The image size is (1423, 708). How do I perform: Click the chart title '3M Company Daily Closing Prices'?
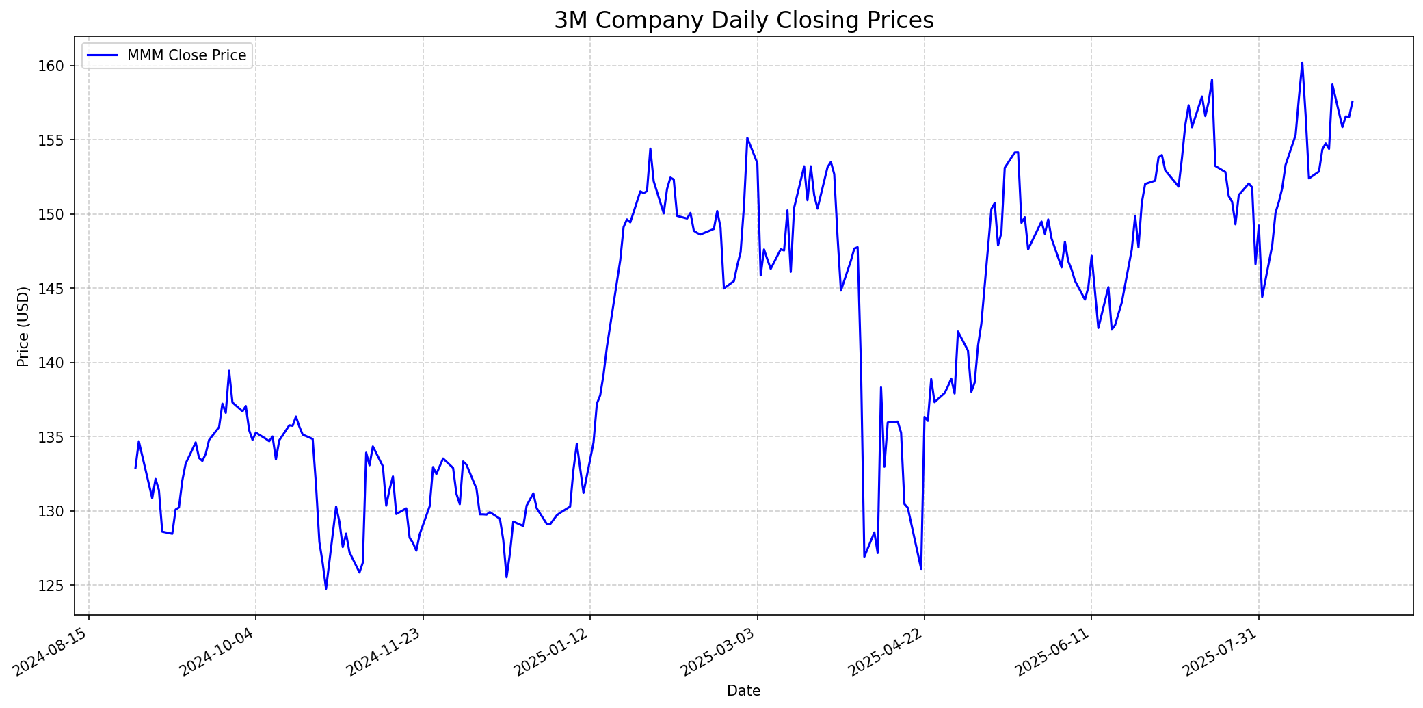point(743,21)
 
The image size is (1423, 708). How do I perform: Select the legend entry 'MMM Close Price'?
point(186,55)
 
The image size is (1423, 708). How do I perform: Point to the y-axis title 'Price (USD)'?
point(23,326)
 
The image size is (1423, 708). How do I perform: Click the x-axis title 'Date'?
point(743,691)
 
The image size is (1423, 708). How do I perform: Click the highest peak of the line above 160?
point(1302,62)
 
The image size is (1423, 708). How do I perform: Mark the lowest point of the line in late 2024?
point(326,588)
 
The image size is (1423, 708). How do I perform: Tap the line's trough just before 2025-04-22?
point(921,568)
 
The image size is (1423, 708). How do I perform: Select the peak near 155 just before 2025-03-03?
point(747,138)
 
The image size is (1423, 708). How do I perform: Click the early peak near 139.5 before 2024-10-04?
point(229,371)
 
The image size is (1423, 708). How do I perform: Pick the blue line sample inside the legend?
point(103,55)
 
